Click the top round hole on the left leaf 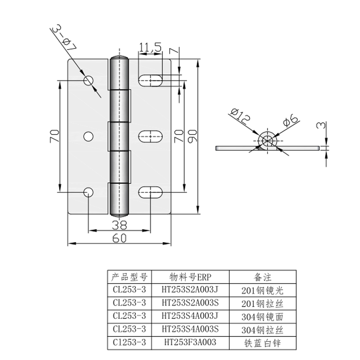click(x=88, y=81)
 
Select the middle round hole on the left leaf click(x=88, y=137)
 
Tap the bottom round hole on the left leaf click(x=88, y=192)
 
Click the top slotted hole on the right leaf click(x=150, y=81)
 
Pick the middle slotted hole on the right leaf click(x=150, y=137)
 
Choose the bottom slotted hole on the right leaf click(x=150, y=192)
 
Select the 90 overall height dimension click(x=193, y=136)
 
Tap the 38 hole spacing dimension click(x=119, y=225)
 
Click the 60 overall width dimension click(x=119, y=238)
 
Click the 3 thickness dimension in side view click(x=321, y=125)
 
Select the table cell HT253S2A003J click(x=189, y=290)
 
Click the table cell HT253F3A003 click(x=190, y=342)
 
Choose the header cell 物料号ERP click(x=190, y=277)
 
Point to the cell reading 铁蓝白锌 click(x=262, y=343)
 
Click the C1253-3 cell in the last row click(x=129, y=342)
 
